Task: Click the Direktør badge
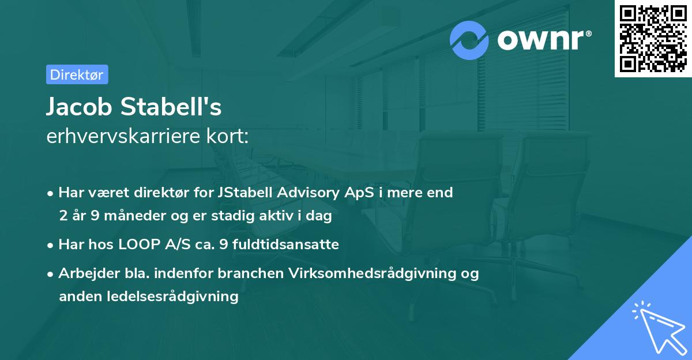click(x=77, y=74)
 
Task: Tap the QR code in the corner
click(x=653, y=39)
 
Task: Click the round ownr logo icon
click(x=469, y=40)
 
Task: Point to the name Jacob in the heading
click(x=80, y=107)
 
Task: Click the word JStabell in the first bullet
click(x=243, y=193)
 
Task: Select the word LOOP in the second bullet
click(x=133, y=245)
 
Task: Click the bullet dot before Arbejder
click(x=51, y=275)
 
